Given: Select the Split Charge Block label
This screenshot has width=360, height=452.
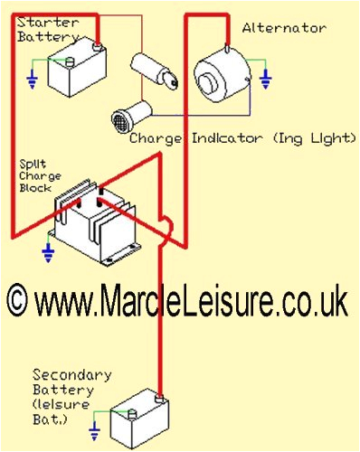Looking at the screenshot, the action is (x=39, y=177).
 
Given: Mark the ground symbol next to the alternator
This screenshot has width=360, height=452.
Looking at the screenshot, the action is (x=265, y=80).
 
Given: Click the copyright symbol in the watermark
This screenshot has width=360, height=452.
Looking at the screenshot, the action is (x=19, y=300).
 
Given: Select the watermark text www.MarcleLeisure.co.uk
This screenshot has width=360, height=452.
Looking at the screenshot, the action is (x=191, y=300).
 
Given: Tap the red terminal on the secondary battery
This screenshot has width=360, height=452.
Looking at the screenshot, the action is (x=160, y=396).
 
